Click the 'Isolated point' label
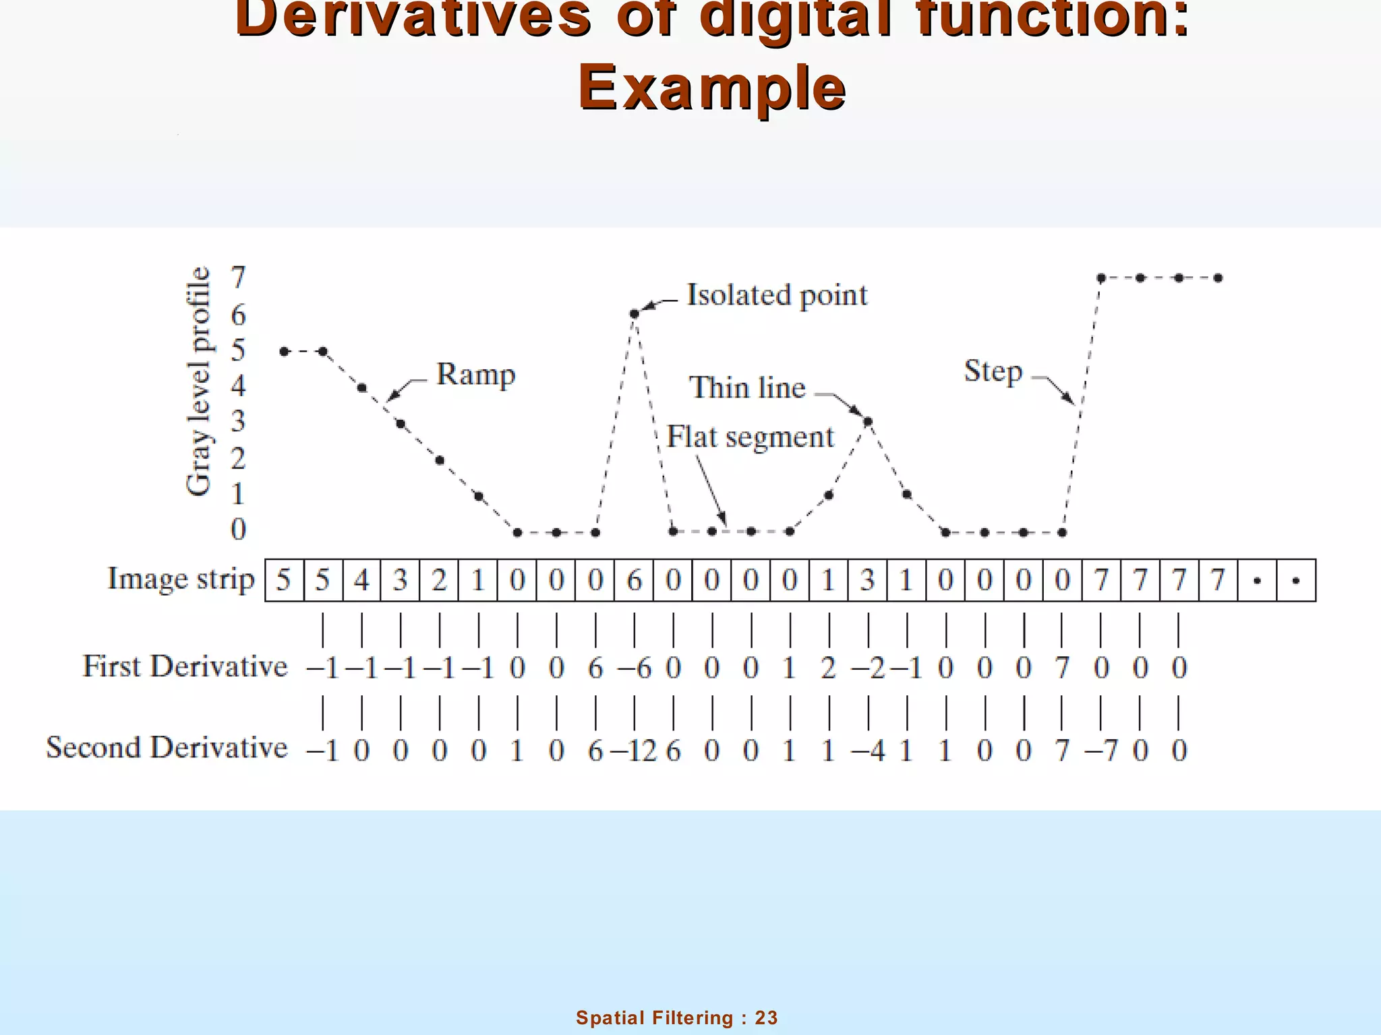coord(776,296)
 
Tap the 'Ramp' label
coord(475,375)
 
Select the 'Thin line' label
coord(747,388)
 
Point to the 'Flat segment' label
coord(750,437)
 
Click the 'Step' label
coord(993,371)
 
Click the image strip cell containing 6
coord(634,580)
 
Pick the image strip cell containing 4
coord(361,580)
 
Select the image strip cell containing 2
coord(439,580)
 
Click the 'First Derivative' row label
coord(185,666)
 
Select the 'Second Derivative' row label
coord(167,748)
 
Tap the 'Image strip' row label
coord(181,579)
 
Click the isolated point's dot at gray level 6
coord(634,313)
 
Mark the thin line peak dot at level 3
coord(868,422)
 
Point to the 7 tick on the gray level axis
coord(238,278)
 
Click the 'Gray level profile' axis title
coord(198,381)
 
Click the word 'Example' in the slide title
coord(712,88)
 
